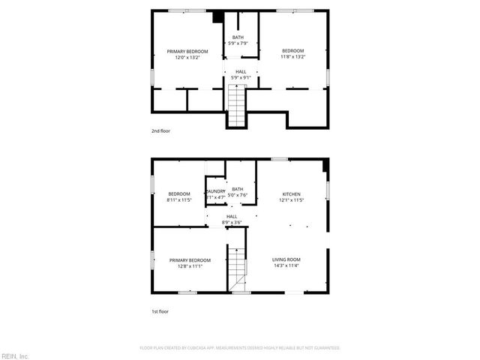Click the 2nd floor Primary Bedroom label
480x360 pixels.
point(187,51)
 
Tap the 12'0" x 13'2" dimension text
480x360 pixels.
point(187,57)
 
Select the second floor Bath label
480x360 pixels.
point(238,37)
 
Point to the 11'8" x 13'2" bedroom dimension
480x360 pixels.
point(292,57)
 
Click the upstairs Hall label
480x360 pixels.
point(241,72)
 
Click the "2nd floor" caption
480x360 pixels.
point(160,131)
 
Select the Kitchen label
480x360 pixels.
point(291,194)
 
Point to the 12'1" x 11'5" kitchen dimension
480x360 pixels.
point(291,200)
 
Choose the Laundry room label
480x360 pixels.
point(215,191)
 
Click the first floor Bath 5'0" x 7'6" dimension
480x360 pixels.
point(238,195)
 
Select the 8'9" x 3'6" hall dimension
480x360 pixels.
point(232,223)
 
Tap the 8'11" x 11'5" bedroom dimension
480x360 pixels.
point(179,200)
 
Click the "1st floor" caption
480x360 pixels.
point(160,310)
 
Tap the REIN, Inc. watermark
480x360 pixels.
point(15,354)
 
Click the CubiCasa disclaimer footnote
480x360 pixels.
point(240,348)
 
